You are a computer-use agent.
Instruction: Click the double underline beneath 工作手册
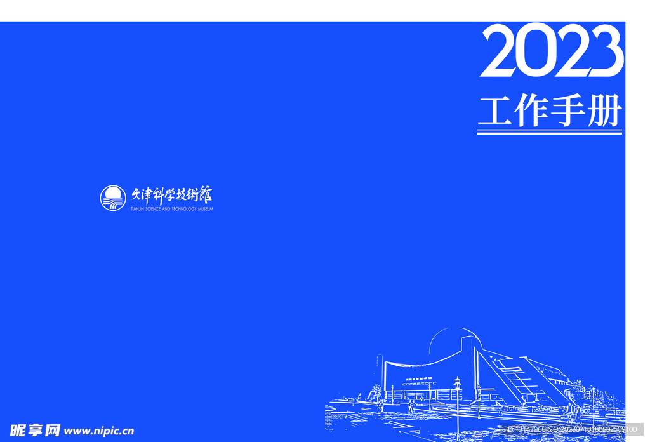[x=549, y=131]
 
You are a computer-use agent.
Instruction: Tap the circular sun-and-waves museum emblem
[x=113, y=198]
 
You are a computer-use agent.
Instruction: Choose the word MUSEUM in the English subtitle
[x=206, y=209]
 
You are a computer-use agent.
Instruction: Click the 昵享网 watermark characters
[x=35, y=431]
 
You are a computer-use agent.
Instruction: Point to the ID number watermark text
[x=571, y=430]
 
